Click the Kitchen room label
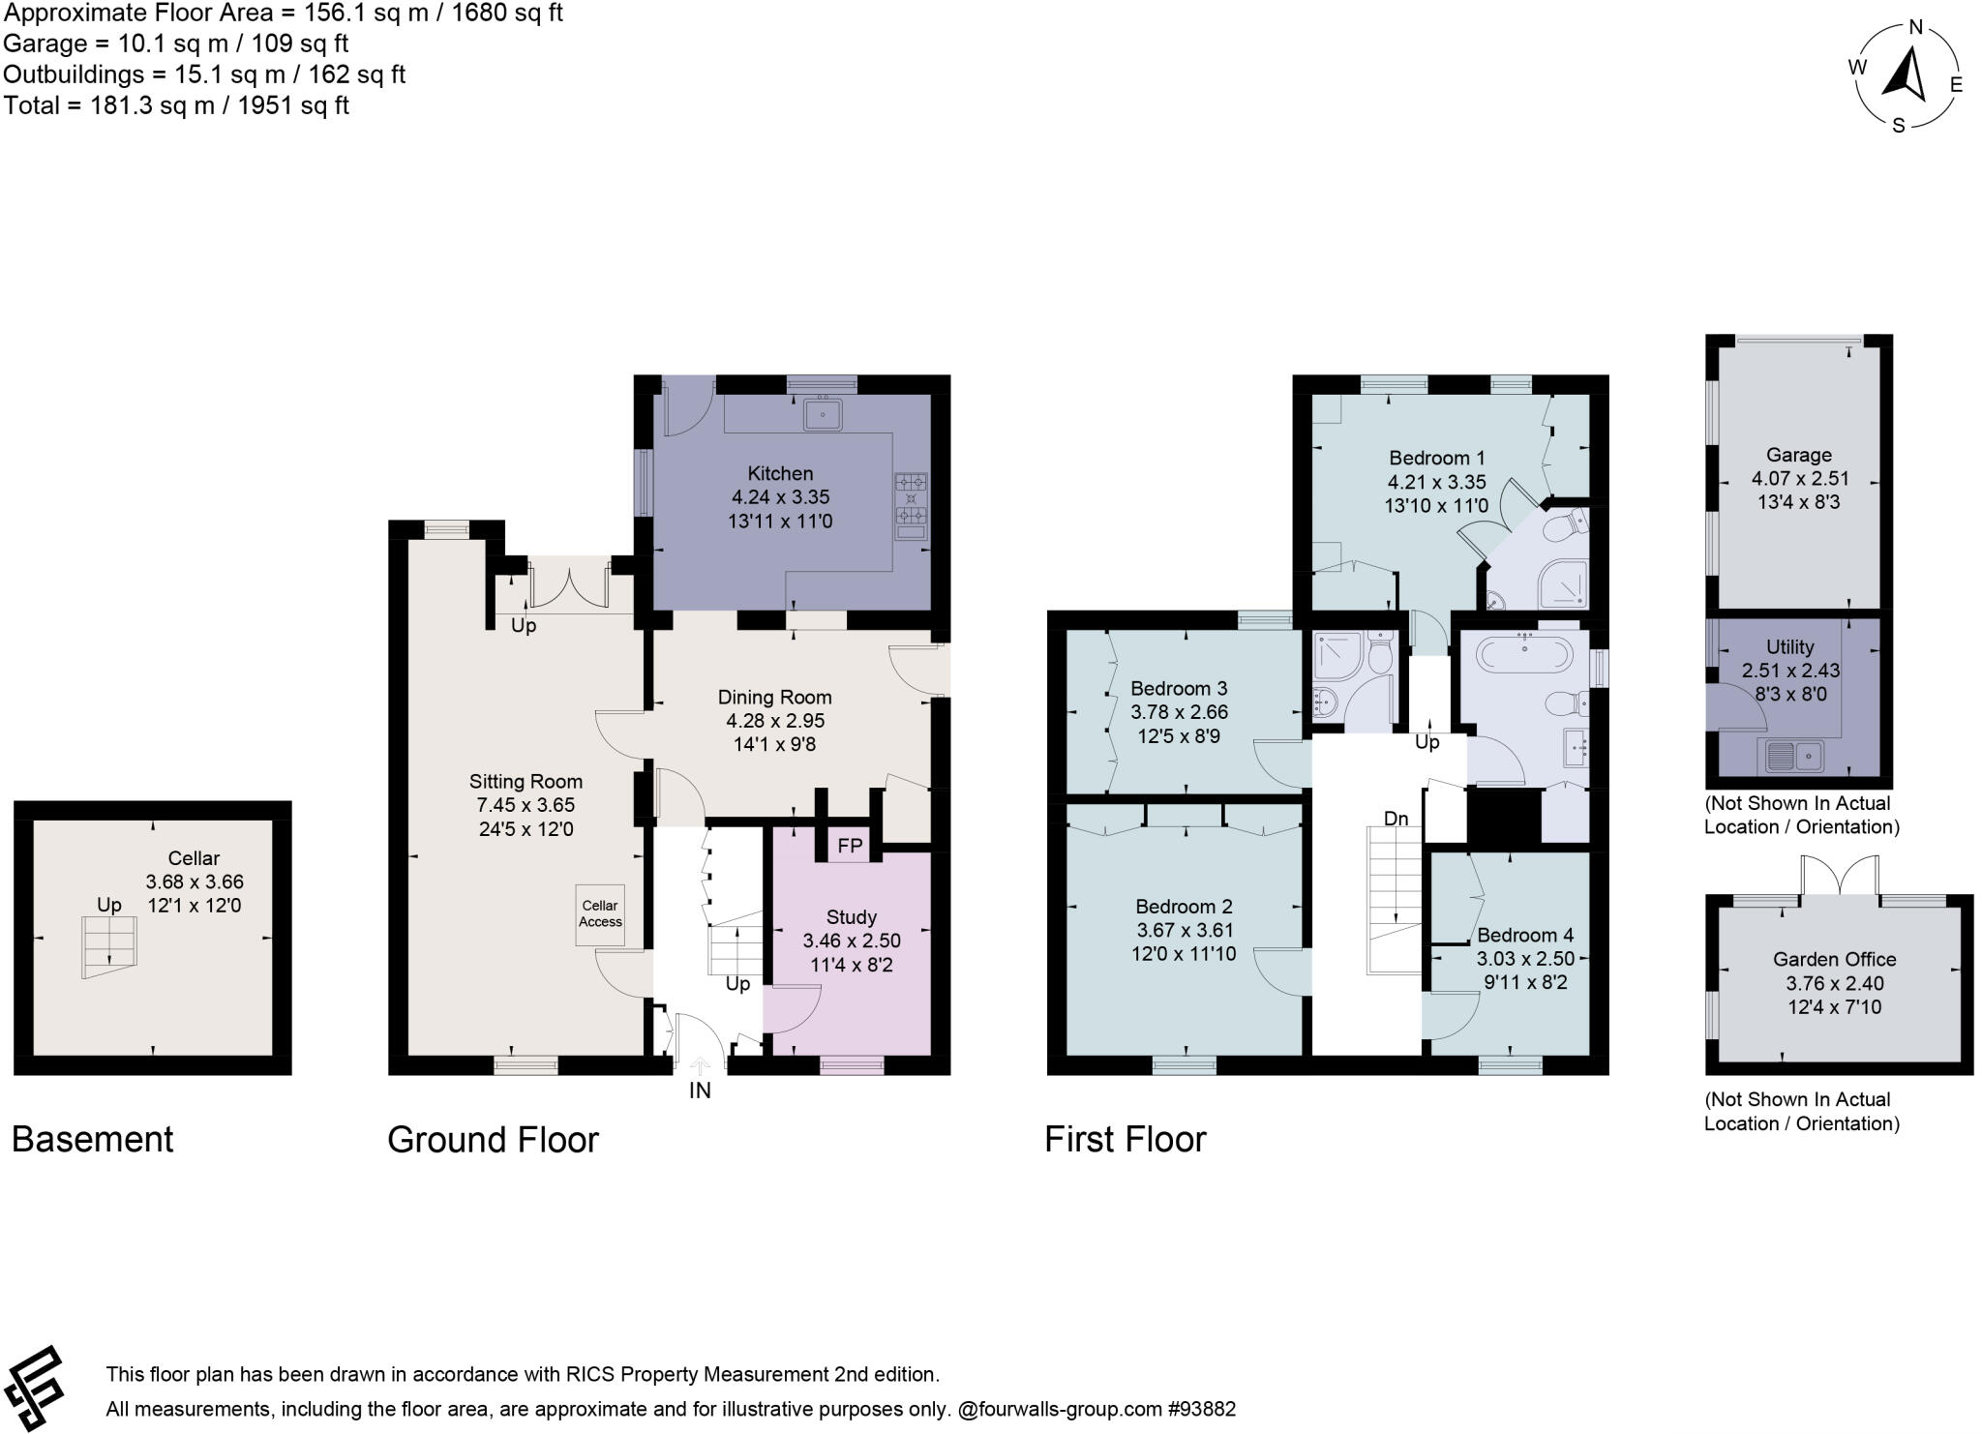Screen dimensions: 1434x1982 (x=780, y=473)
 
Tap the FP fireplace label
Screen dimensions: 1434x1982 (x=850, y=847)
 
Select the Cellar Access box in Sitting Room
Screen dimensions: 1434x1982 (x=600, y=913)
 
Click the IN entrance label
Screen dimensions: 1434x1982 (x=700, y=1090)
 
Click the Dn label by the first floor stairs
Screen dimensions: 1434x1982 (x=1396, y=819)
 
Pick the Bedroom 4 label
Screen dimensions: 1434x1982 (x=1525, y=935)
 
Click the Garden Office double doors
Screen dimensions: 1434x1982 (x=1840, y=877)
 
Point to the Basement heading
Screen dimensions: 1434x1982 (x=93, y=1139)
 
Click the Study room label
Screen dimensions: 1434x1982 (x=852, y=916)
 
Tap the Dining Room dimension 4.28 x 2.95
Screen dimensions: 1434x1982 (x=775, y=721)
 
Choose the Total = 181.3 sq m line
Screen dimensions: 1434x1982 (x=176, y=105)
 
